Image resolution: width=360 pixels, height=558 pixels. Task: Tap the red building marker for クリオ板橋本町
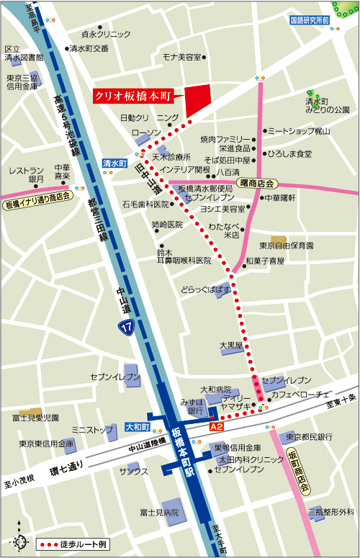click(198, 100)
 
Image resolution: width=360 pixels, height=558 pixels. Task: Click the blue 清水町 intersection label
click(114, 163)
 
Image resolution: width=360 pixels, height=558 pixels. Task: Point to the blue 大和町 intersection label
click(136, 427)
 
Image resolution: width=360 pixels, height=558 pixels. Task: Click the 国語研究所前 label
click(310, 20)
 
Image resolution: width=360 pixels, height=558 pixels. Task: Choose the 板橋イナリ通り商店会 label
click(37, 195)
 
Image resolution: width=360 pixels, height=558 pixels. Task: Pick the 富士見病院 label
click(159, 512)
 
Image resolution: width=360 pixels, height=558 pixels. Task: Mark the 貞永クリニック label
click(106, 34)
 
